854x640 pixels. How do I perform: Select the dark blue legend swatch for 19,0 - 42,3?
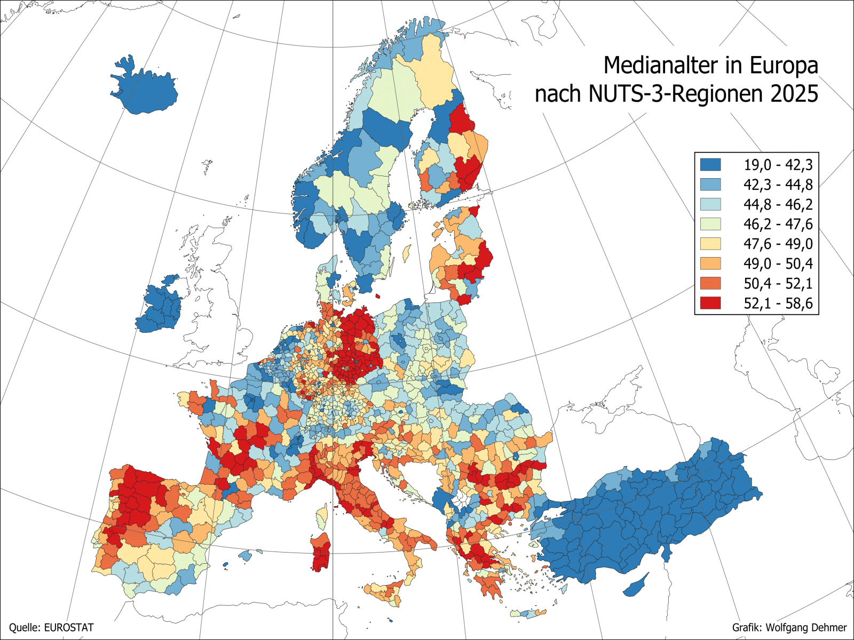coord(710,164)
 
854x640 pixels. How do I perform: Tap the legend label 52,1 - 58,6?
coord(778,303)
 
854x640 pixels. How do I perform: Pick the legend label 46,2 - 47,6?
coord(778,224)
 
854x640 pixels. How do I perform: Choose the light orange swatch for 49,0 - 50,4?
coord(710,263)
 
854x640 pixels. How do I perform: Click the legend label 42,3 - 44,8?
coord(778,185)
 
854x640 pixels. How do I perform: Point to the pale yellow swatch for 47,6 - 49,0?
coord(710,244)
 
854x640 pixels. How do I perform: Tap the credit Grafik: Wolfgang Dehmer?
coord(789,628)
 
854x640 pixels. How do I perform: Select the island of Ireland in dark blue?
coord(160,307)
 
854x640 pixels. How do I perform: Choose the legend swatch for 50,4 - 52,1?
coord(710,283)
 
